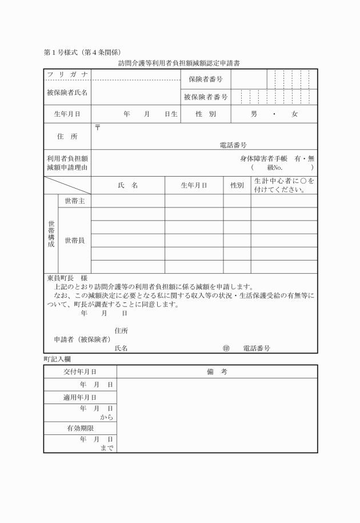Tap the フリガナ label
coord(67,75)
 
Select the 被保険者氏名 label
coord(67,92)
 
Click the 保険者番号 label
coord(206,79)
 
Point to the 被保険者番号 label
coord(206,97)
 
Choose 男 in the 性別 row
coord(254,114)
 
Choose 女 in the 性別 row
coord(294,114)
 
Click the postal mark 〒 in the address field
coord(97,127)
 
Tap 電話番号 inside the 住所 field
coord(233,145)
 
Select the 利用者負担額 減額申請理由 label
coord(67,163)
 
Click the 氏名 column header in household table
coord(128,185)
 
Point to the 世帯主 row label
coord(75,201)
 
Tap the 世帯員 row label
coord(75,240)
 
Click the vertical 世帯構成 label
coord(51,234)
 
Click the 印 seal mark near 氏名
coord(226,348)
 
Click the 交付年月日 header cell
coord(80,372)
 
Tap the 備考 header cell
coord(217,372)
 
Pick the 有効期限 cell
coord(80,428)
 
